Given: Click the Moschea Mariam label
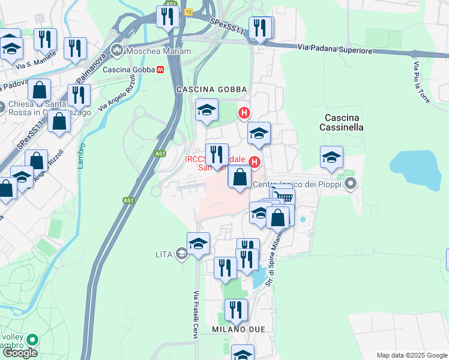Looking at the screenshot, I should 159,52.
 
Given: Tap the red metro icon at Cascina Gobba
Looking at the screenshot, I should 160,70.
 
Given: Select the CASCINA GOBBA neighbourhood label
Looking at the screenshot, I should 203,89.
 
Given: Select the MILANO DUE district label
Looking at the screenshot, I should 238,329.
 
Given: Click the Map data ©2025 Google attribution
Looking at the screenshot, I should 411,355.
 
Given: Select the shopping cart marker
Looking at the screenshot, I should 283,196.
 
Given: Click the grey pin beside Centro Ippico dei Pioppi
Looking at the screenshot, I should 351,185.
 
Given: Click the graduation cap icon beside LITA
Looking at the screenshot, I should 181,254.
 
